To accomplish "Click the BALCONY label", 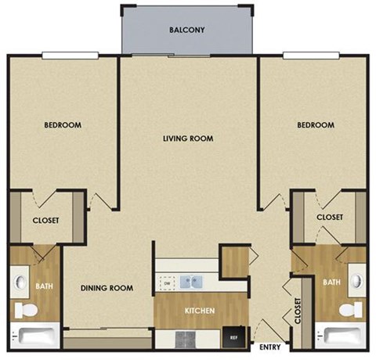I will click(186, 31).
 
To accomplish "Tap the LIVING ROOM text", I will click(188, 139).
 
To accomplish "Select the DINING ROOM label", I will click(107, 288).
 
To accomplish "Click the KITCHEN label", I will click(200, 311).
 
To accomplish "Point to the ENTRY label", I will click(269, 345).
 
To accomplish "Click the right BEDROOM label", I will click(315, 125).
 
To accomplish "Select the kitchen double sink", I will click(190, 282).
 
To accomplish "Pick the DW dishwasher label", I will click(166, 283).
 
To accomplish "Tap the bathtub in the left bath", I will click(36, 337).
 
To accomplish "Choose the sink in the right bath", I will click(356, 280).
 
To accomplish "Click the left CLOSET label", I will click(45, 221).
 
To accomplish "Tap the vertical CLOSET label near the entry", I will click(298, 311).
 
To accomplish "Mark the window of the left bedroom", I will click(70, 55).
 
